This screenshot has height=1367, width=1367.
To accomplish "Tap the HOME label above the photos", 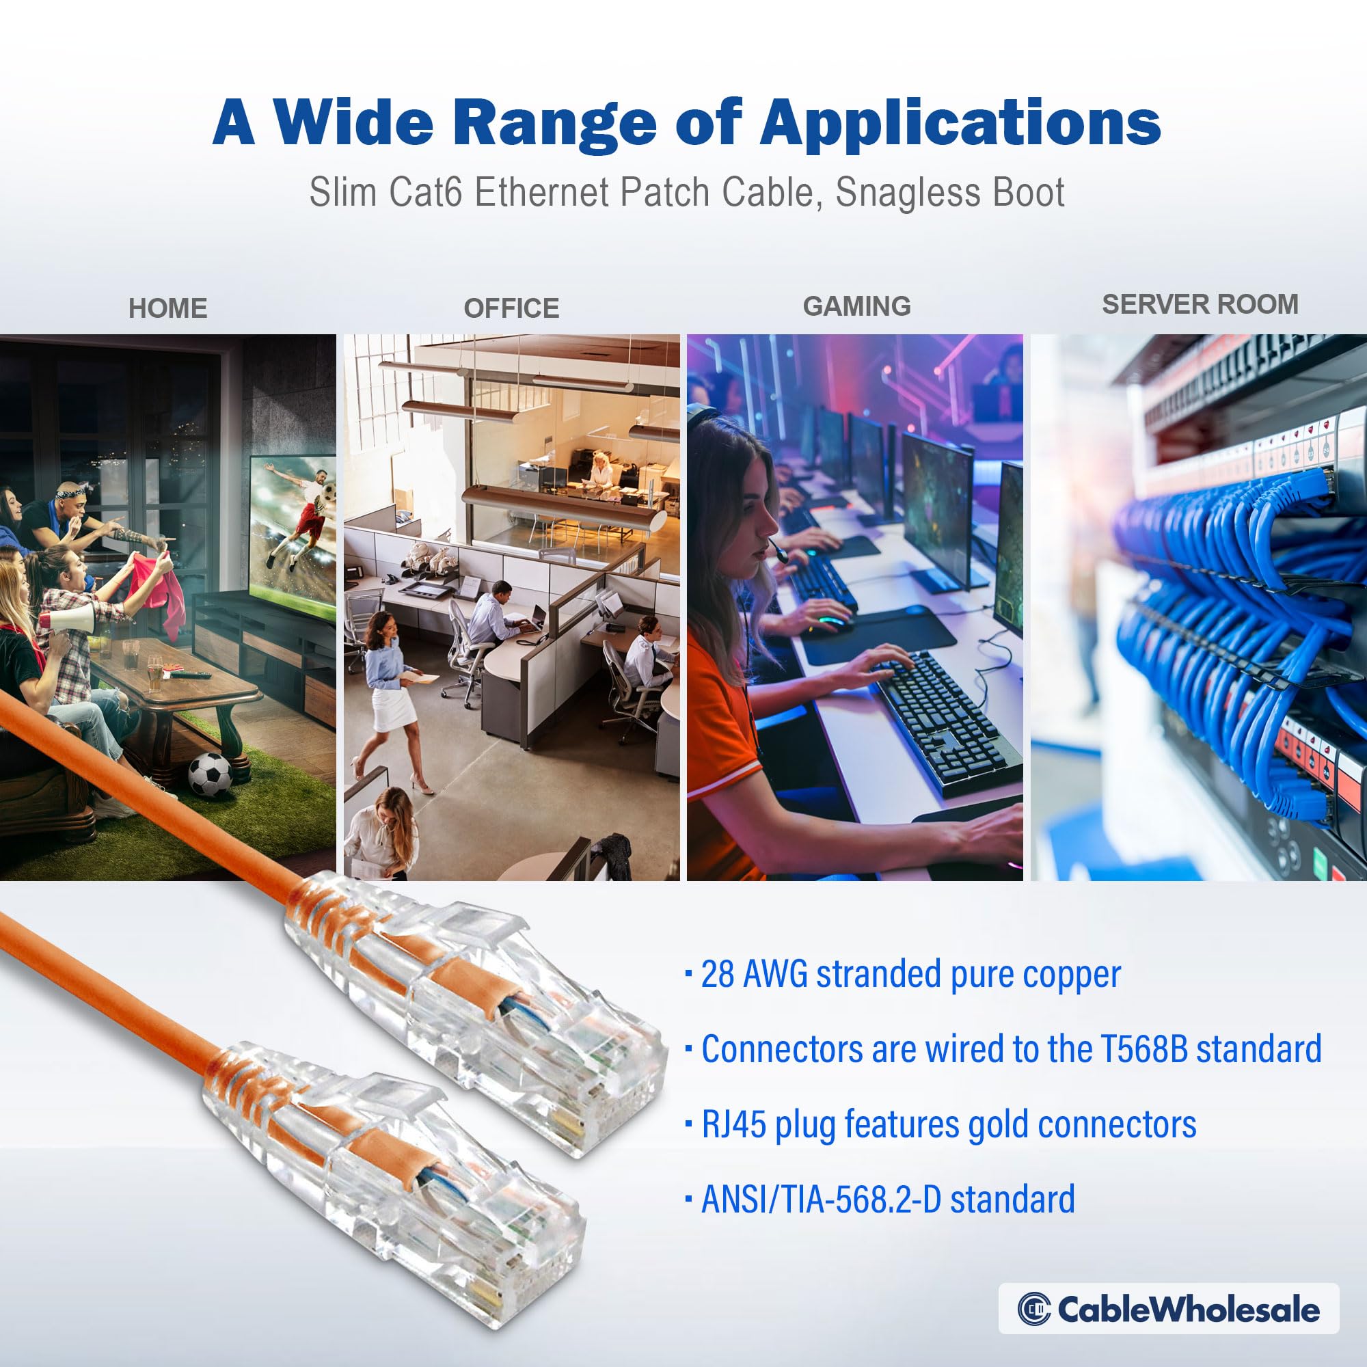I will click(x=167, y=308).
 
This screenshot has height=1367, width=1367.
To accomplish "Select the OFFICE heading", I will click(x=511, y=308).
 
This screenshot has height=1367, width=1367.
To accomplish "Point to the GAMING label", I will click(x=856, y=306).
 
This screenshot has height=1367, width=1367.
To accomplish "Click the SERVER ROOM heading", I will click(x=1200, y=304).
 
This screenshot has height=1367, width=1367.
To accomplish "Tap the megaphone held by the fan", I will click(x=71, y=621).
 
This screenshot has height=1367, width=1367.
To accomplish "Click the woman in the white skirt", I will click(x=388, y=679).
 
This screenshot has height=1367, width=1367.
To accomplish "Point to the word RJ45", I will click(x=733, y=1124).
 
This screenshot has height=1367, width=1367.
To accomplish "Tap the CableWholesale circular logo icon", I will click(x=1033, y=1310).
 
